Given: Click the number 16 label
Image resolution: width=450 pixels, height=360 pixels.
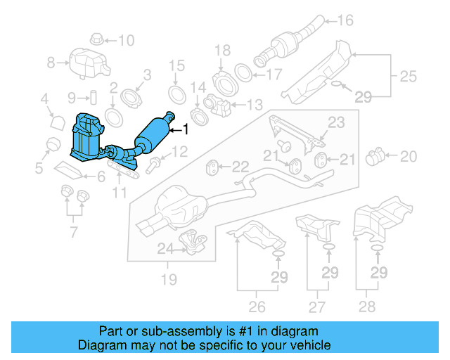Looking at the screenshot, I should (x=345, y=20).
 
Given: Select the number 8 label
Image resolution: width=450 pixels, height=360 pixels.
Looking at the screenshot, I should (x=51, y=63).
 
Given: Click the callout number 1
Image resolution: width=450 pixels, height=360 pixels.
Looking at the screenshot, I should (x=186, y=129).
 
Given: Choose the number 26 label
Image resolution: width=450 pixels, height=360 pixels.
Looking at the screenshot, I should (x=257, y=307).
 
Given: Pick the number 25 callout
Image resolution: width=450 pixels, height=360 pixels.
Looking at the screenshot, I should (x=408, y=75).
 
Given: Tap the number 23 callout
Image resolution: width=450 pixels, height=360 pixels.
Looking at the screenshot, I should (x=336, y=122).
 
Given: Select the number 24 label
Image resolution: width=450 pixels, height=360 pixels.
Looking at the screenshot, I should (x=164, y=247).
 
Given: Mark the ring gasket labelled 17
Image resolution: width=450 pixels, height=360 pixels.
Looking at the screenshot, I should (x=241, y=72).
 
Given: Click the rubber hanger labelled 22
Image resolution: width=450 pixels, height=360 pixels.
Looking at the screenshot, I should (x=211, y=167).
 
